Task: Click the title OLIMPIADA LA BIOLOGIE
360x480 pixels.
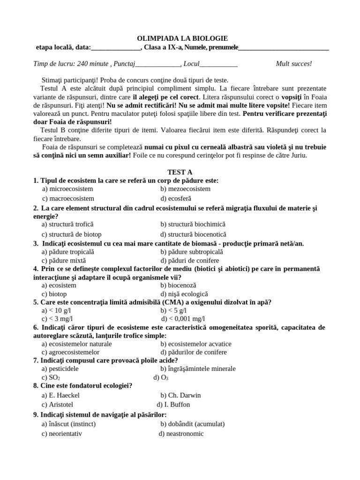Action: pyautogui.click(x=182, y=38)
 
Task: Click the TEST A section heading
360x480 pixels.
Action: pyautogui.click(x=180, y=172)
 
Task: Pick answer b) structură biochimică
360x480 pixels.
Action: pyautogui.click(x=193, y=225)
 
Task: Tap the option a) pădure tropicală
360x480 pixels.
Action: pyautogui.click(x=67, y=252)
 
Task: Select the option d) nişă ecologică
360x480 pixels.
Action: pyautogui.click(x=184, y=294)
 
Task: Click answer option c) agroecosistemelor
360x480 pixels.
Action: pyautogui.click(x=70, y=352)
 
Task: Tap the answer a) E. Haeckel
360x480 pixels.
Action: pyautogui.click(x=60, y=395)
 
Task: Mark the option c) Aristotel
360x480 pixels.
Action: pyautogui.click(x=57, y=405)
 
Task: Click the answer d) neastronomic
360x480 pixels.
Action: pyautogui.click(x=181, y=434)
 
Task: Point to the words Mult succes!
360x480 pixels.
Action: pyautogui.click(x=294, y=64)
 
